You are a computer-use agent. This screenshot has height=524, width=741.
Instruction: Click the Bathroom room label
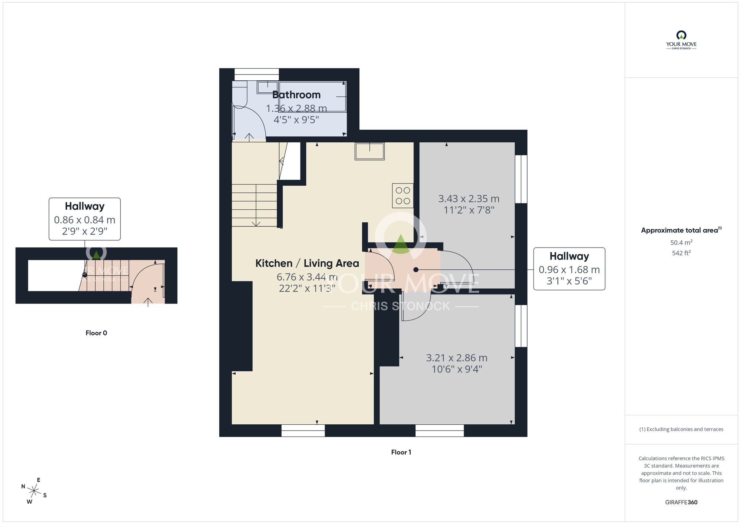point(296,95)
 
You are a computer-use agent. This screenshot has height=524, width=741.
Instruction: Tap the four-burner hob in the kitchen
point(403,195)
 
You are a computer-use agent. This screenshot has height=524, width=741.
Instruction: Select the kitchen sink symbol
point(369,151)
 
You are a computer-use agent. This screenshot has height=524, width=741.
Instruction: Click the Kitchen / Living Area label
point(307,263)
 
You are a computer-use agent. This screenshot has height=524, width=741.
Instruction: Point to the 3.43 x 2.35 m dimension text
point(469,199)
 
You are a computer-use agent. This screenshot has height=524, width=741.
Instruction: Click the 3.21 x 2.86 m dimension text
point(456,358)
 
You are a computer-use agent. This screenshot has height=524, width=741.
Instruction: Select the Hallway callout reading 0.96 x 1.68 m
point(569,269)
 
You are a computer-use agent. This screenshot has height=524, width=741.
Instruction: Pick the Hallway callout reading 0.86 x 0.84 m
point(84,219)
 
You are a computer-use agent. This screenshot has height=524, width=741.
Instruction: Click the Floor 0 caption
point(96,333)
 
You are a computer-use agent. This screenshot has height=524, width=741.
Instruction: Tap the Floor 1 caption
point(401,452)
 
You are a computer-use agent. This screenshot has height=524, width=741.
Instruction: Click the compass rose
point(34,491)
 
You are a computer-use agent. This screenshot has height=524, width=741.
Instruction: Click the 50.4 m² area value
point(681,242)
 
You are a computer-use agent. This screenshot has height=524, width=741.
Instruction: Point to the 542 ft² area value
point(681,253)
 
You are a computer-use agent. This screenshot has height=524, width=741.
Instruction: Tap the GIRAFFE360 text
point(681,503)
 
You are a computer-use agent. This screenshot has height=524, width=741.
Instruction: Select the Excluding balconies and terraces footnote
point(681,429)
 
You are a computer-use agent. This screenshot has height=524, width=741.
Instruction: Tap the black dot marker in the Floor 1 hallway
point(416,270)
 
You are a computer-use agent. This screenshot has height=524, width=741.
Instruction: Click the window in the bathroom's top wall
point(256,74)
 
